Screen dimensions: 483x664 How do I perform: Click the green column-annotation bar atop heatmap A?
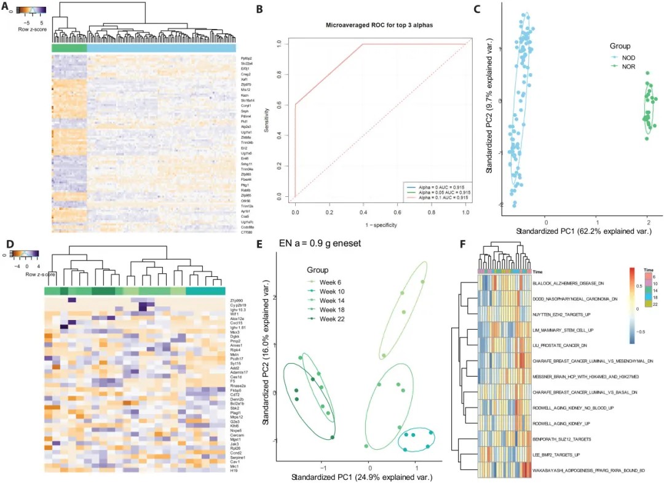pos(69,48)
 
